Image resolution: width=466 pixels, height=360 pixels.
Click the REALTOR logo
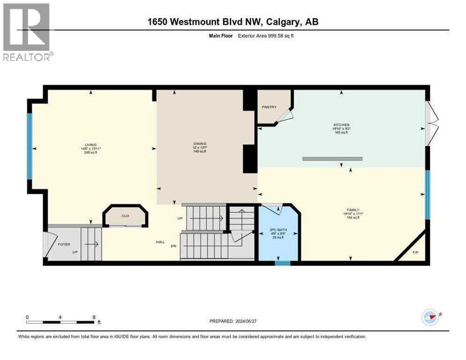pyautogui.click(x=27, y=32)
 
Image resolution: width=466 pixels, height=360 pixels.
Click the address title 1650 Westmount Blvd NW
pyautogui.click(x=233, y=22)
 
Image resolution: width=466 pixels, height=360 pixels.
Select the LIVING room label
pyautogui.click(x=91, y=145)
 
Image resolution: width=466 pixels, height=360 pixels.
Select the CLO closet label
pyautogui.click(x=125, y=216)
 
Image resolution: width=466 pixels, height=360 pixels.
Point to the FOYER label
pyautogui.click(x=64, y=244)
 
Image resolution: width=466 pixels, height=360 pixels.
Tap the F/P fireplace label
pyautogui.click(x=415, y=253)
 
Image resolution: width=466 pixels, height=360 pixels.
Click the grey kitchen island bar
pyautogui.click(x=332, y=159)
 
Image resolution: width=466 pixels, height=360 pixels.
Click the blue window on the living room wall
pyautogui.click(x=29, y=146)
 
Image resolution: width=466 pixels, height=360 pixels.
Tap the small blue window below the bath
pyautogui.click(x=282, y=263)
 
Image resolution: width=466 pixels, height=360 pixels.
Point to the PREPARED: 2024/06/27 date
pyautogui.click(x=233, y=321)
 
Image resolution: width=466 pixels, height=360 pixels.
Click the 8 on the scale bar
pyautogui.click(x=94, y=317)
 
